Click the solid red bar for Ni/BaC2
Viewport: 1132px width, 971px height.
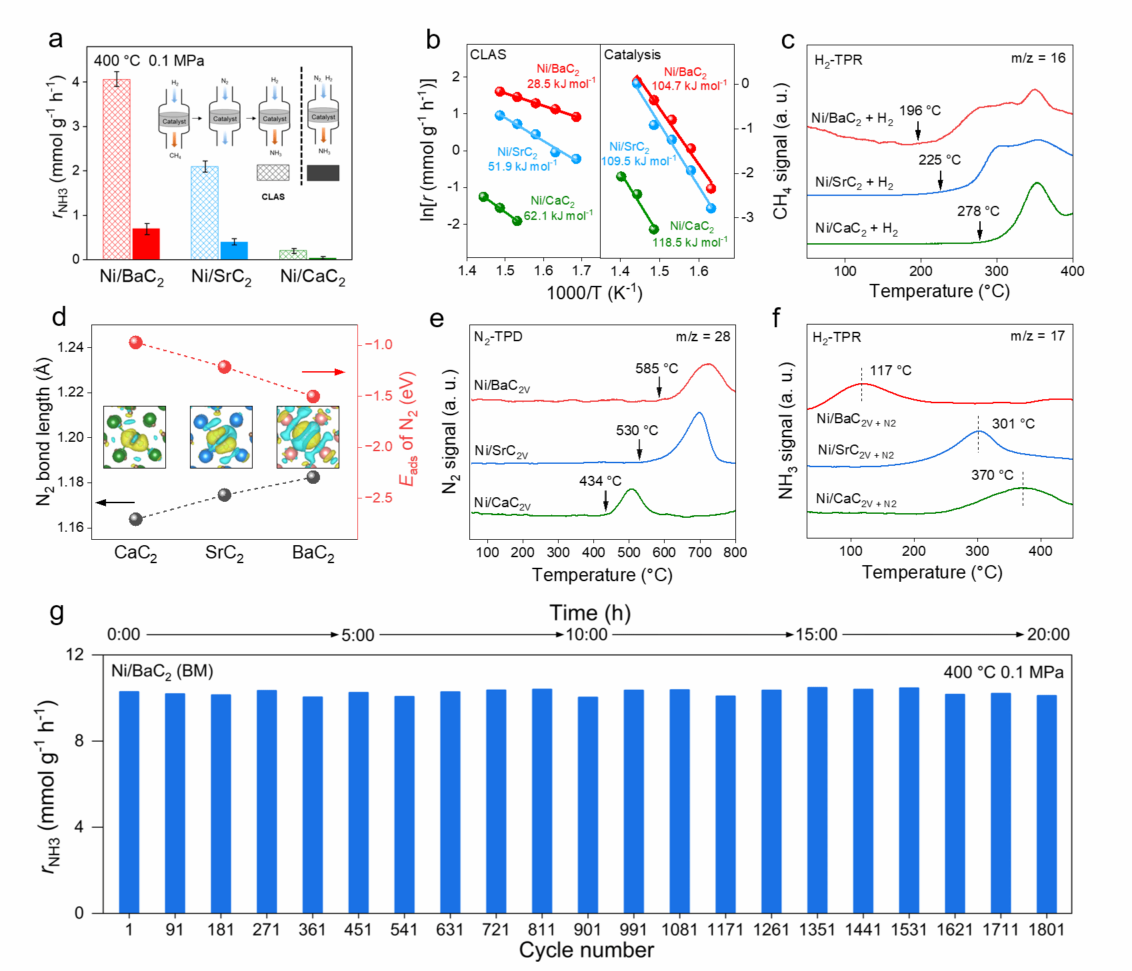146,243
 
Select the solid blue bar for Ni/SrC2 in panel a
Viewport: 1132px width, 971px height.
234,250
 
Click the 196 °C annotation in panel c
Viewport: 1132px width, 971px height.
920,111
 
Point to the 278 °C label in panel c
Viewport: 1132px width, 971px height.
978,211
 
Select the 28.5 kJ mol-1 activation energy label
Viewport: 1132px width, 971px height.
561,84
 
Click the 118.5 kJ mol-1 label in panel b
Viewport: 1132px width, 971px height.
689,242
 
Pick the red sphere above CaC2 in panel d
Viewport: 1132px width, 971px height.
136,343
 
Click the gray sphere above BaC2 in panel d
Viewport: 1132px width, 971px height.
313,477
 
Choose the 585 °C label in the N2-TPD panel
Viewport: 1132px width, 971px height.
656,369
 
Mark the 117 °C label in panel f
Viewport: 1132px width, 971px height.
890,371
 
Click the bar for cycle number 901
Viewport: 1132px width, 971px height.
587,804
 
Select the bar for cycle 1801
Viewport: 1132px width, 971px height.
1047,804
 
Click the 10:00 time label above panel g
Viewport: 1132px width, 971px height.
587,634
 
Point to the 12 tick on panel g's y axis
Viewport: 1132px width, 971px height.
75,654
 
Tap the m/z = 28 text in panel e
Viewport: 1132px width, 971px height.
703,337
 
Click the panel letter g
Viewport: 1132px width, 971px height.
57,611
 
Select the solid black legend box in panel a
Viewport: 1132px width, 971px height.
323,173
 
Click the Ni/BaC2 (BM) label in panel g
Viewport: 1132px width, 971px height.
162,671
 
